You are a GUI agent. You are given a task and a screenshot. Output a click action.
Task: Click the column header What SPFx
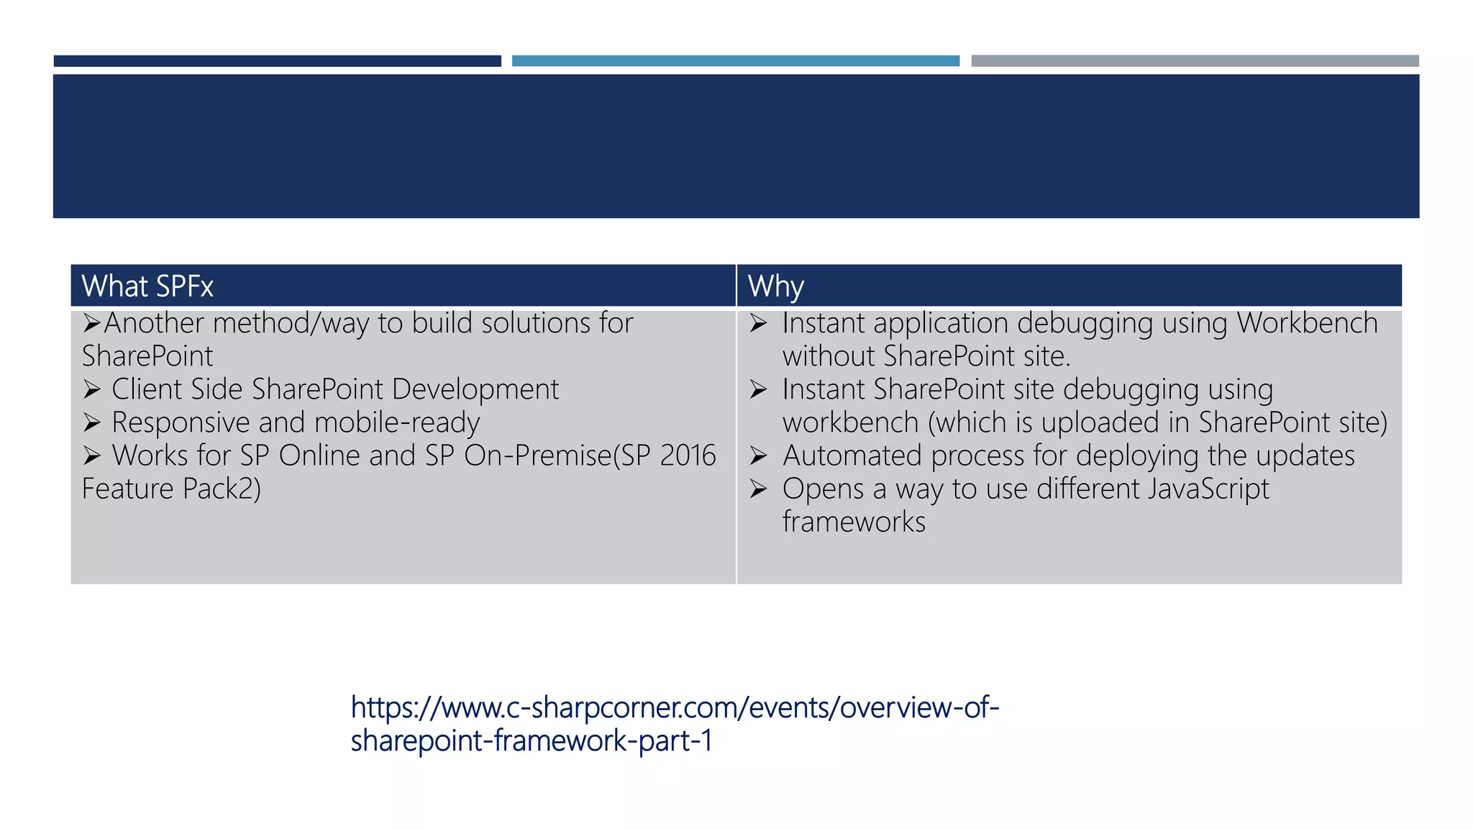coord(147,286)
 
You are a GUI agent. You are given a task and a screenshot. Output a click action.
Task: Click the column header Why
coord(775,286)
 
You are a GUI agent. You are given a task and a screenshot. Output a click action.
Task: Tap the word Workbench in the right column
coord(1307,323)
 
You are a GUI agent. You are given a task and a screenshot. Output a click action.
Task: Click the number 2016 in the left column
coord(688,456)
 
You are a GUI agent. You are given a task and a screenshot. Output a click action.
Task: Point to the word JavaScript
coord(1208,489)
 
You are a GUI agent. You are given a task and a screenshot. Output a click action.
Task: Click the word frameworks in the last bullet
coord(854,522)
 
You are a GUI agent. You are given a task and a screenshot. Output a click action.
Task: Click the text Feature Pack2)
coord(171,489)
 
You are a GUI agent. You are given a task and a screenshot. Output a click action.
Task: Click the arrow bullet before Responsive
coord(91,422)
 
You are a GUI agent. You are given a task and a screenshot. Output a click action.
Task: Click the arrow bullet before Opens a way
coord(758,489)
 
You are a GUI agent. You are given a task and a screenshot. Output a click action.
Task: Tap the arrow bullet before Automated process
coord(758,456)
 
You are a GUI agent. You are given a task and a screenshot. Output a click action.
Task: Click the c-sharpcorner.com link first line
coord(675,707)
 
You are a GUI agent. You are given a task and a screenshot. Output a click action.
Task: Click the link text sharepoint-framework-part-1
coord(531,740)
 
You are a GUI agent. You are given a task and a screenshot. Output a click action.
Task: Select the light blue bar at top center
coord(735,61)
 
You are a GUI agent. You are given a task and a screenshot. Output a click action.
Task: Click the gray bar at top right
coord(1195,61)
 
